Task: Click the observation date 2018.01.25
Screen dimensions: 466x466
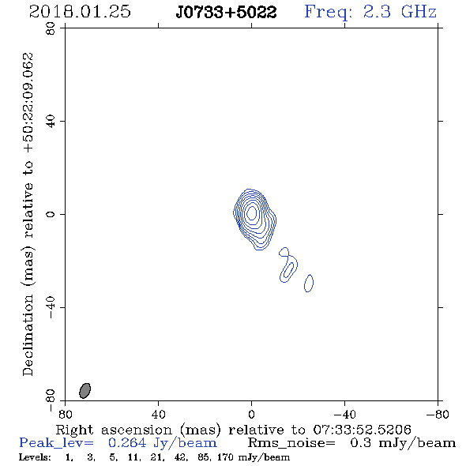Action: [80, 12]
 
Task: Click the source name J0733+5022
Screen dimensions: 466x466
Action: [226, 13]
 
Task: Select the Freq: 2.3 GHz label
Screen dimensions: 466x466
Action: [370, 13]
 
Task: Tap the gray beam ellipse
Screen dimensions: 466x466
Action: [85, 390]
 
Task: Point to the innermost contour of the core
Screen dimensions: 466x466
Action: [252, 212]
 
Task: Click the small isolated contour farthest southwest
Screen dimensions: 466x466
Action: [309, 284]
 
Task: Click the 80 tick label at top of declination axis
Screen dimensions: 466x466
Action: [51, 28]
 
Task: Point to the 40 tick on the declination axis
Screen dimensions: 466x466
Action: [51, 122]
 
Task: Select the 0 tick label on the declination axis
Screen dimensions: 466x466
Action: [51, 214]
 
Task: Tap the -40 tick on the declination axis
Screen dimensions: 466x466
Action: [51, 307]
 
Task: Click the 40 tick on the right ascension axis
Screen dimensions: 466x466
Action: [159, 415]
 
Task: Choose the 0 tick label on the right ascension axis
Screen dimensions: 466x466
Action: [251, 415]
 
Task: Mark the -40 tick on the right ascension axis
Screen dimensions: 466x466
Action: [344, 415]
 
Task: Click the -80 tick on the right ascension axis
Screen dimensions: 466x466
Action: [438, 415]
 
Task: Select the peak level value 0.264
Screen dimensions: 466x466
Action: [127, 443]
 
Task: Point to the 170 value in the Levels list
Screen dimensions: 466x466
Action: [225, 457]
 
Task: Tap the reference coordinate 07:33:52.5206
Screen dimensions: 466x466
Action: [362, 430]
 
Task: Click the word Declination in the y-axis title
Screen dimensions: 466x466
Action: [28, 335]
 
